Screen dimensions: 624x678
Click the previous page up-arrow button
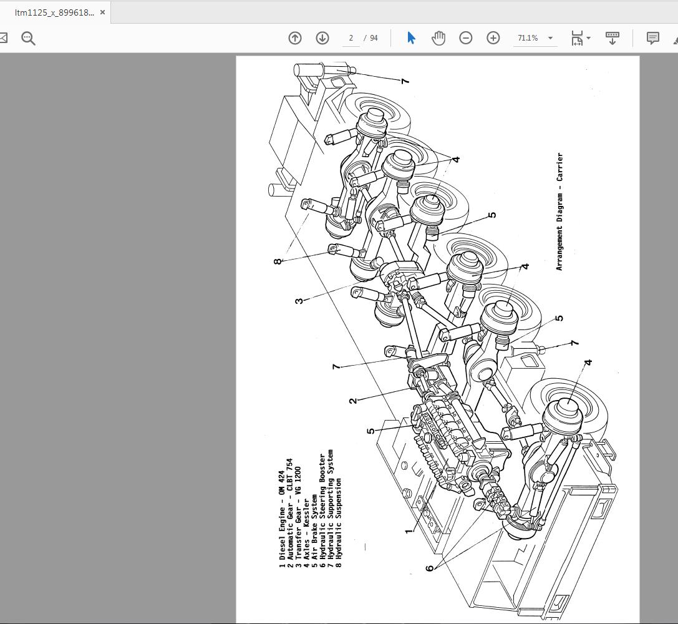click(295, 38)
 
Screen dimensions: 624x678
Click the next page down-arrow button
click(322, 38)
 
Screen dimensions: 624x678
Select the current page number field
click(351, 38)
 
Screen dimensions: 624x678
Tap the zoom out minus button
click(466, 38)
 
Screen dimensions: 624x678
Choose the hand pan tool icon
click(438, 38)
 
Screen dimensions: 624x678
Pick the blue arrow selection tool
click(411, 38)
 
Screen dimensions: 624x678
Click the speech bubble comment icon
click(652, 38)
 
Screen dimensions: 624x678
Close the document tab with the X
click(103, 12)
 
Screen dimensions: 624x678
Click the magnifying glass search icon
click(28, 38)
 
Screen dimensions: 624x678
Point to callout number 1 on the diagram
click(409, 531)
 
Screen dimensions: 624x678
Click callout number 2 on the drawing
click(354, 400)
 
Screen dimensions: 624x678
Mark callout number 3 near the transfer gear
click(300, 300)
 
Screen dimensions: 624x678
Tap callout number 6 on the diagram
click(430, 567)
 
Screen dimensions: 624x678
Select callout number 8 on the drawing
click(278, 261)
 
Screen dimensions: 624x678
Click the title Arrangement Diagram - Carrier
click(559, 212)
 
